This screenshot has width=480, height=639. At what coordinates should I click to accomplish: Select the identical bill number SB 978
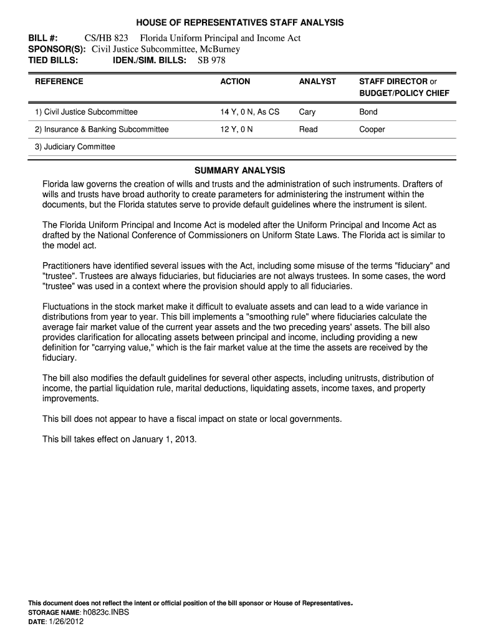point(211,61)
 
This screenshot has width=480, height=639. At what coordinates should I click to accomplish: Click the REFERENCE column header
point(59,82)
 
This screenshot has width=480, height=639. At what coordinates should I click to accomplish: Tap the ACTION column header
point(235,82)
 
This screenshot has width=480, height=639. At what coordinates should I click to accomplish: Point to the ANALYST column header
point(317,82)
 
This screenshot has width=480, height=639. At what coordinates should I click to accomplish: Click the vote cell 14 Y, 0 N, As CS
point(250,112)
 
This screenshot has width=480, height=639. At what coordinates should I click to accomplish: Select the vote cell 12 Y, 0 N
point(236,130)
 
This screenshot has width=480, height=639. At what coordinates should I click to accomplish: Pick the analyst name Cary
point(307,112)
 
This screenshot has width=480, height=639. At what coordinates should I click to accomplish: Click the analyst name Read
point(308,130)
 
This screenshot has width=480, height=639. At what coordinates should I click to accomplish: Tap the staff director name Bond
point(368,112)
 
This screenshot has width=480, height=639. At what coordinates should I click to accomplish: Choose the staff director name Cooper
point(372,130)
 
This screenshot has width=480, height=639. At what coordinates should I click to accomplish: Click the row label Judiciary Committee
point(75,147)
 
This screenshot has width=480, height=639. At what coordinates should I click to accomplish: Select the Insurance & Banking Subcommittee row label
point(102,130)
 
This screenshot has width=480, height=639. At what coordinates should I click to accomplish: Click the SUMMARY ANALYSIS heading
point(240,170)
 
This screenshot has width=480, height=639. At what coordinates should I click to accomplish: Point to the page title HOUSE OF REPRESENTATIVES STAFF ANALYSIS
point(240,22)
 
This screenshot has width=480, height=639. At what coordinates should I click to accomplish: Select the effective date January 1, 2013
point(163,439)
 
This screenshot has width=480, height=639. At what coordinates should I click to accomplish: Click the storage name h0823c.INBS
point(109,613)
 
